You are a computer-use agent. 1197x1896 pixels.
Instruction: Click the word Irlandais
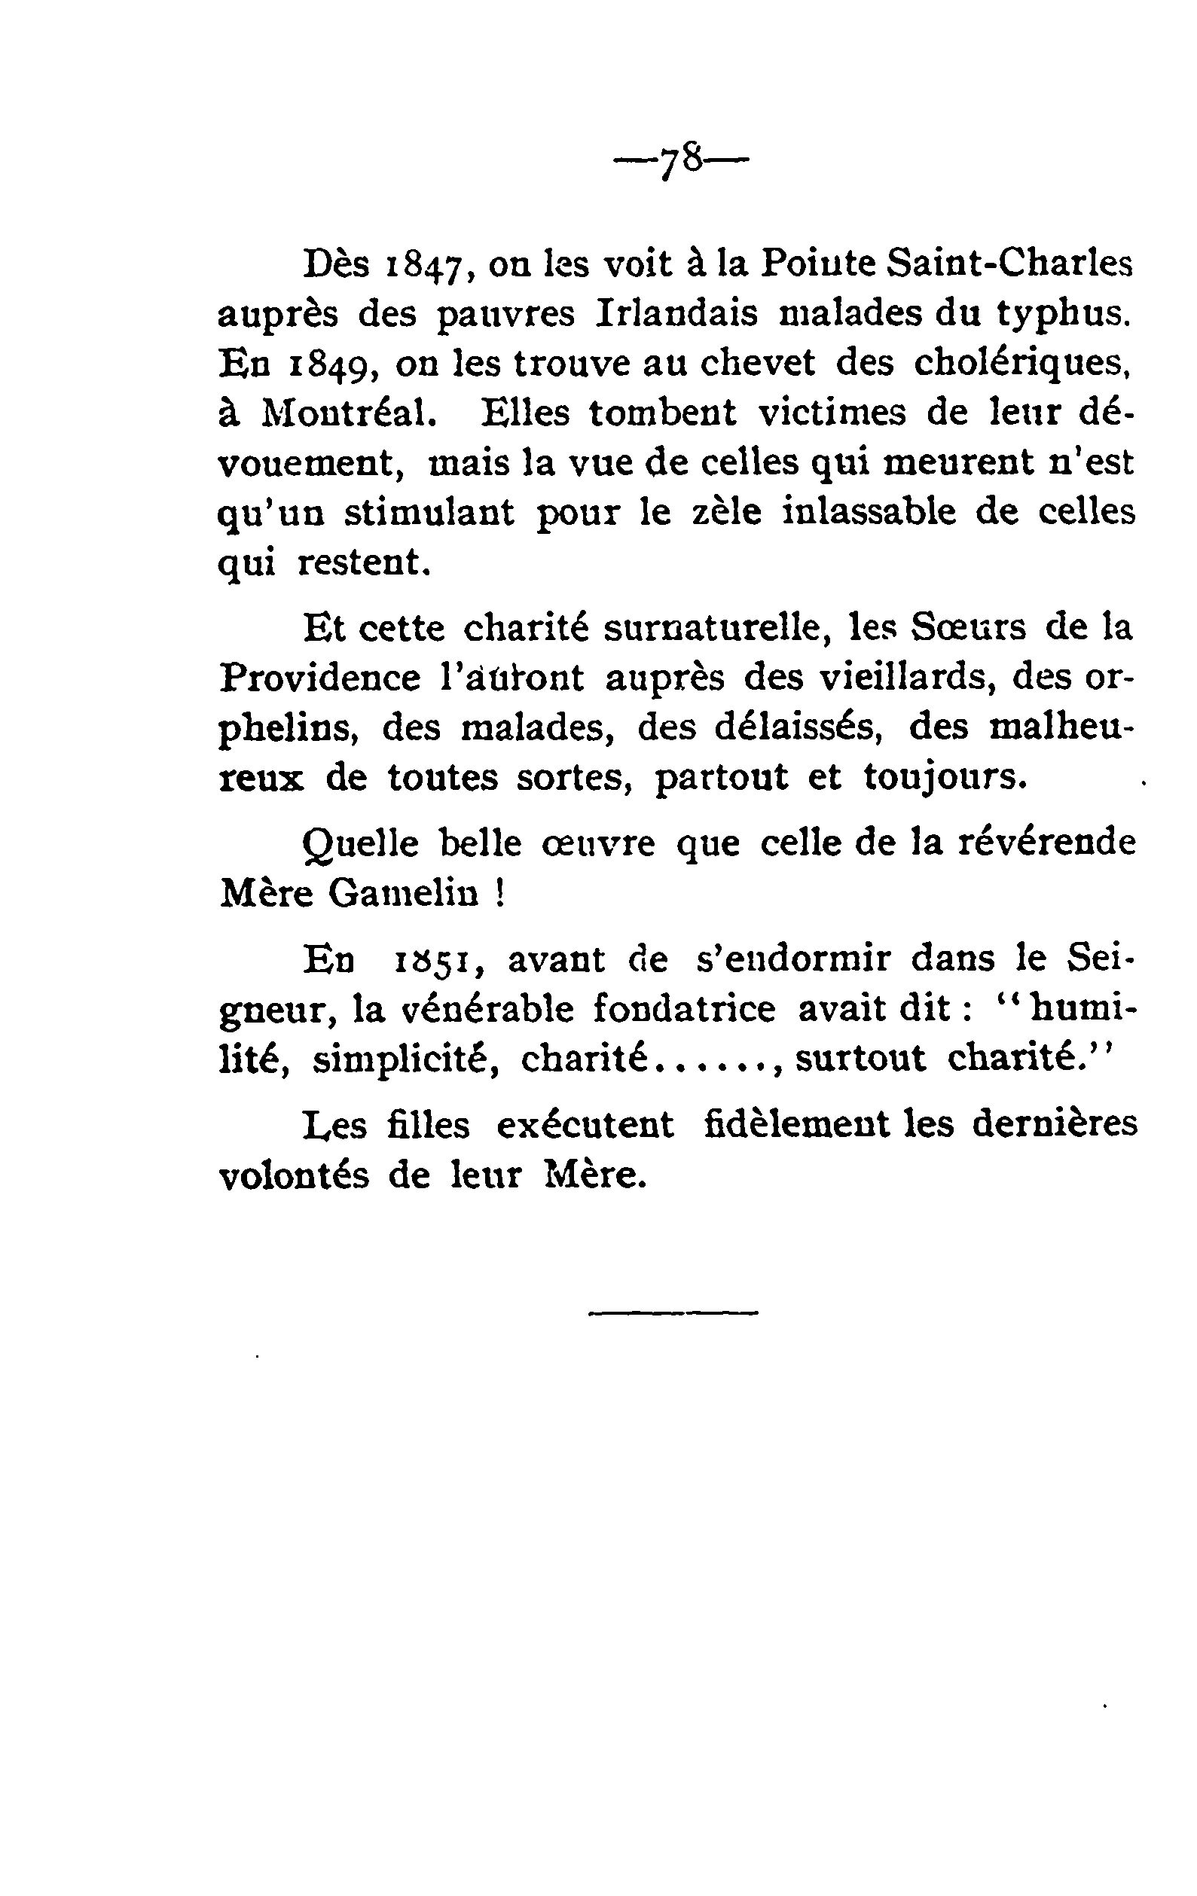point(676,314)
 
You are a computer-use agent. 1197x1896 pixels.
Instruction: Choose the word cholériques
point(1024,364)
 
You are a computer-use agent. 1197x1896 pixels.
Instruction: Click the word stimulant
point(429,513)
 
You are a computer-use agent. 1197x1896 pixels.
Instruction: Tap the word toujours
point(946,778)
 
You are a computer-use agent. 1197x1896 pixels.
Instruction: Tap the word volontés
point(294,1175)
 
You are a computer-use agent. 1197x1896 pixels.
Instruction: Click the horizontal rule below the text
point(673,1312)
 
